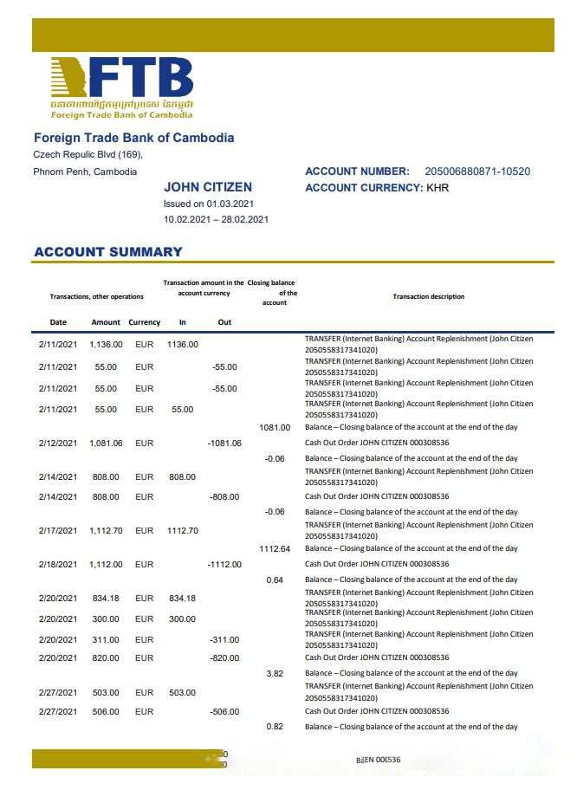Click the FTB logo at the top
[x=121, y=87]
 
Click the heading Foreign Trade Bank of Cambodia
[x=133, y=138]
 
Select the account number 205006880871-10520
[x=477, y=172]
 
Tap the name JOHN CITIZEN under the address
[x=208, y=187]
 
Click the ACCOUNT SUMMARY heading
[x=108, y=252]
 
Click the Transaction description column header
[x=428, y=296]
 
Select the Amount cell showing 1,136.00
[x=106, y=344]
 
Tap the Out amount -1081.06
[x=224, y=443]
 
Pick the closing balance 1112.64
[x=275, y=548]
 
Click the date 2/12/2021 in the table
[x=58, y=443]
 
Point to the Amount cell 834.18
[x=106, y=599]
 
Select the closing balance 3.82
[x=275, y=673]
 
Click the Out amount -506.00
[x=224, y=711]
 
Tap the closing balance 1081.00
[x=275, y=427]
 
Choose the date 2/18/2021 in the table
[x=58, y=564]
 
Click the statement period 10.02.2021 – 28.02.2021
[x=216, y=219]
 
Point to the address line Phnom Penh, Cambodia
[x=85, y=172]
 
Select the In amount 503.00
[x=182, y=692]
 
